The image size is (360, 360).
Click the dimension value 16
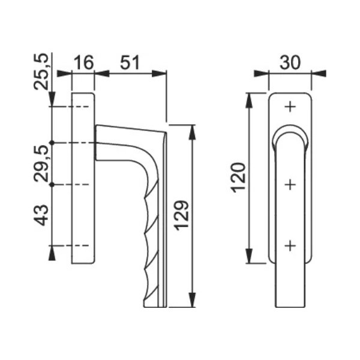pos(84,62)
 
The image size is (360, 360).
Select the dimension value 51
pos(130,62)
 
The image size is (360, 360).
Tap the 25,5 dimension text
pos(41,71)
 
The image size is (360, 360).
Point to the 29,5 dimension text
pos(41,163)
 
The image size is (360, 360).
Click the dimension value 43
pos(41,215)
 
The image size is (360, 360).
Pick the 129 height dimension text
pos(181,215)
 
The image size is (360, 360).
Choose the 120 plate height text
pos(238,178)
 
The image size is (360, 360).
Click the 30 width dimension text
pos(290,62)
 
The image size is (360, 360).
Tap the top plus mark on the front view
pos(290,107)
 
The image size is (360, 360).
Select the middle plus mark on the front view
pos(290,184)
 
